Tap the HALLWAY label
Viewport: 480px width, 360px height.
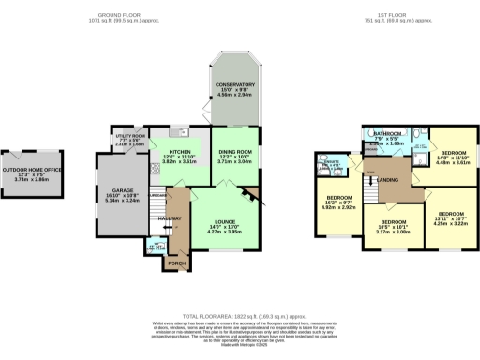click(169, 217)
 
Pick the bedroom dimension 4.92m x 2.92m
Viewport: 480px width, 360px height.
click(335, 209)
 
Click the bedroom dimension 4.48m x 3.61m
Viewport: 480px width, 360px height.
click(456, 160)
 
